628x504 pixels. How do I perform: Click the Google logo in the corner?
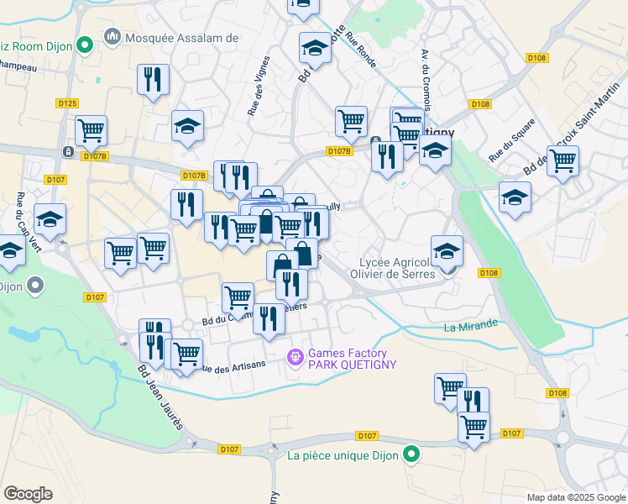(28, 494)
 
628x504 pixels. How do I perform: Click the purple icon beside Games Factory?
(295, 358)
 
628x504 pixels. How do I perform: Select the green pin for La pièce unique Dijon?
(411, 455)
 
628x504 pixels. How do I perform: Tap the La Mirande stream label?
(473, 325)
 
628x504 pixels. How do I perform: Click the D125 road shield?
(68, 103)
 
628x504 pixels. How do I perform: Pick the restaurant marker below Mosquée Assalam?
(153, 80)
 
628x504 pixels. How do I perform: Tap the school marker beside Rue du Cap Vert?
(50, 220)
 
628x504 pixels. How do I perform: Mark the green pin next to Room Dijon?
(84, 44)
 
